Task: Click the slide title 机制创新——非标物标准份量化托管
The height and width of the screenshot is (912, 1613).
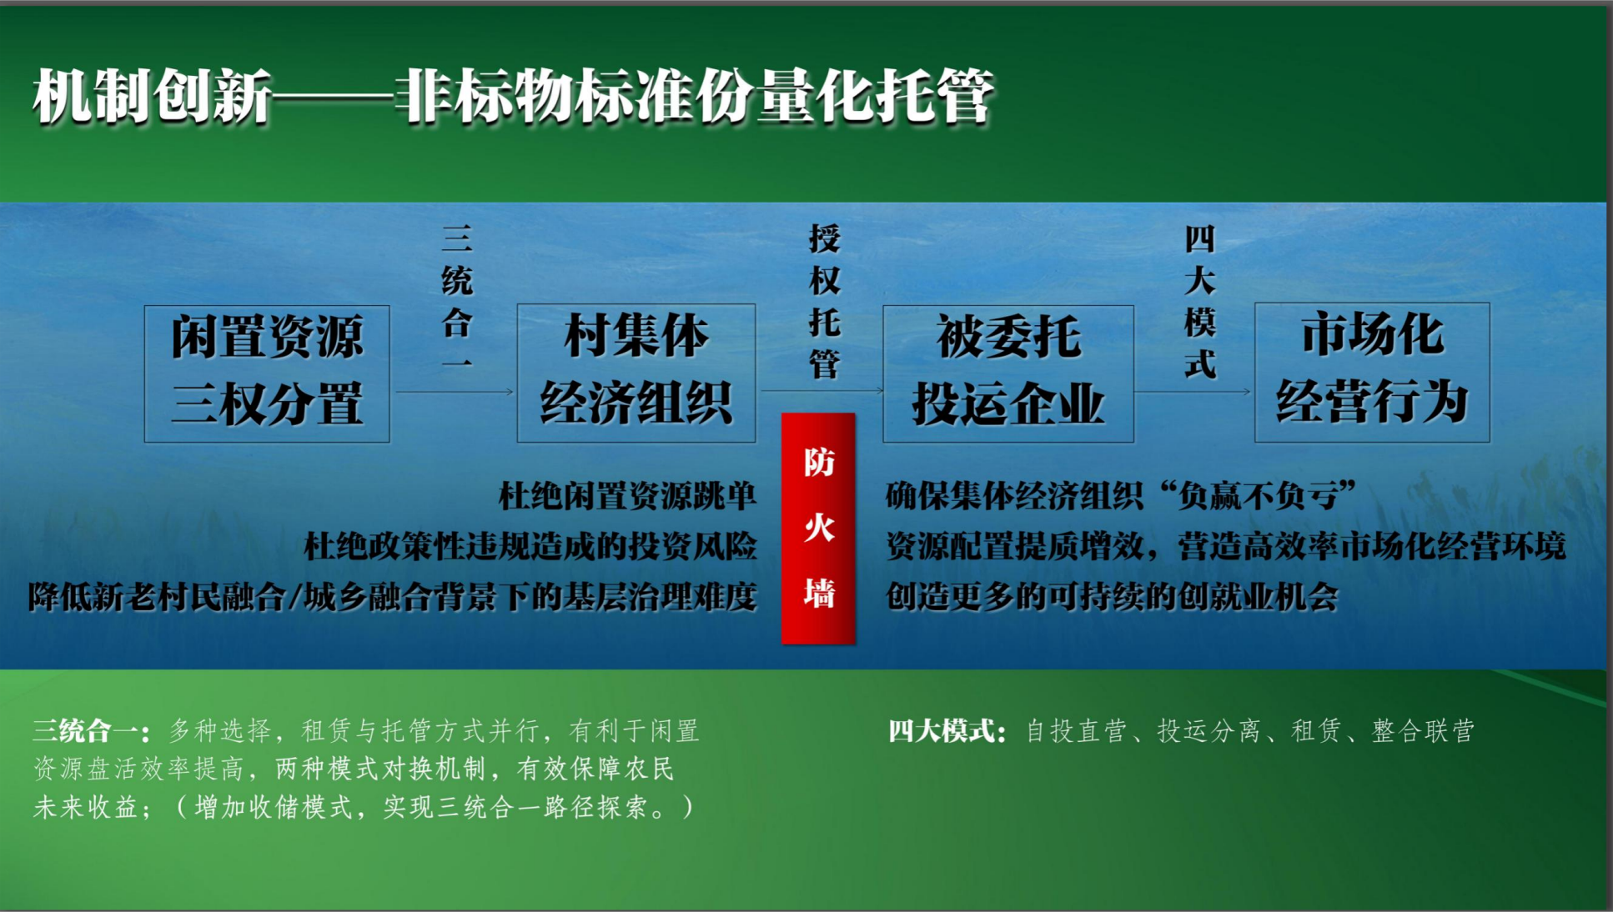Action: (x=513, y=97)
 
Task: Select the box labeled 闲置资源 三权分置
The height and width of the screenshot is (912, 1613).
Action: (x=267, y=373)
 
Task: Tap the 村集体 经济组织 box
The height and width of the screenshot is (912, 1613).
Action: (x=636, y=373)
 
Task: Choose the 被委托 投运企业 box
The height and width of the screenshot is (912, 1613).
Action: (x=1008, y=373)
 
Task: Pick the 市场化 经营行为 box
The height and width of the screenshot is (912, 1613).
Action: (x=1372, y=372)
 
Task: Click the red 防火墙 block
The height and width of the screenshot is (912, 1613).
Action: (x=818, y=529)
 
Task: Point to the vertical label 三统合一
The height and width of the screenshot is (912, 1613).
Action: (x=457, y=300)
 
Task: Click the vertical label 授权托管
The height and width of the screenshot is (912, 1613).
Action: (x=824, y=301)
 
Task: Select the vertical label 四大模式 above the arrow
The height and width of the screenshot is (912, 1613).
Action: (x=1200, y=301)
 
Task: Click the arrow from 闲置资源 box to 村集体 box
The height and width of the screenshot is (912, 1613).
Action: (x=455, y=391)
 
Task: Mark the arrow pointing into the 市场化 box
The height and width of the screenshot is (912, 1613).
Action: (x=1193, y=391)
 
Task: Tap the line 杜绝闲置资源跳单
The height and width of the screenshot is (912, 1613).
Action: (x=627, y=496)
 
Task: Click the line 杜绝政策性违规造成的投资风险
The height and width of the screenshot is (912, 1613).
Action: (x=530, y=546)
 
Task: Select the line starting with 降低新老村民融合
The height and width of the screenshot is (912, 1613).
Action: (x=392, y=597)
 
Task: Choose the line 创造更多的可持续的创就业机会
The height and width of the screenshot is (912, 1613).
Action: (x=1112, y=597)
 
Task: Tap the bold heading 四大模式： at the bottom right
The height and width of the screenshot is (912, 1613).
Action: (x=947, y=731)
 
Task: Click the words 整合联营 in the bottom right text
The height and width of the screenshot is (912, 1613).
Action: (x=1423, y=731)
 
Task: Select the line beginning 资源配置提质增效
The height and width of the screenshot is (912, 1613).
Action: (x=1226, y=546)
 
